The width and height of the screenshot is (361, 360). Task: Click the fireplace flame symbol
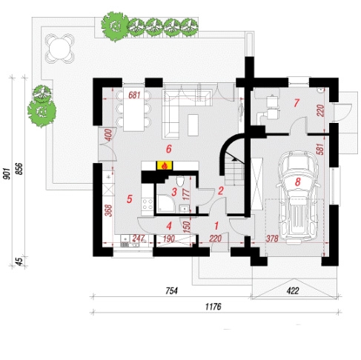click(165, 165)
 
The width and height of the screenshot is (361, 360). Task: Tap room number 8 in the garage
click(297, 182)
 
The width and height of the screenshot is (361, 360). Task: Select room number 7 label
click(297, 103)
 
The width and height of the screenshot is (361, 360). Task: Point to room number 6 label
click(169, 149)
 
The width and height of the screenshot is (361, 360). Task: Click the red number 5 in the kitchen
click(130, 199)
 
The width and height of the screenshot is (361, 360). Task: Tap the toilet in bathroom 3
click(181, 181)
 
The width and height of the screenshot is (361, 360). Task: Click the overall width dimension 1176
click(213, 307)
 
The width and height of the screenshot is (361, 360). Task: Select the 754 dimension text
click(171, 291)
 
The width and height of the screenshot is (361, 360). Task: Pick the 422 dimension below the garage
click(293, 291)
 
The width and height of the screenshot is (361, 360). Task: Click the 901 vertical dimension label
click(7, 174)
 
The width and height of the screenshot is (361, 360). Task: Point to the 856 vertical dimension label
click(19, 169)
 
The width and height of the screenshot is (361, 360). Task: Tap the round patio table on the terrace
click(59, 49)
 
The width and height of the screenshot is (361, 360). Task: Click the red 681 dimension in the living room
click(134, 95)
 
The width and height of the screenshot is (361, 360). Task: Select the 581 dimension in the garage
click(320, 149)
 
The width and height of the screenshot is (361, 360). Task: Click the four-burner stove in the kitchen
click(148, 204)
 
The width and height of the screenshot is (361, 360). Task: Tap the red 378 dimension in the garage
click(272, 239)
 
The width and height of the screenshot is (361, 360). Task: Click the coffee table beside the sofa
click(193, 124)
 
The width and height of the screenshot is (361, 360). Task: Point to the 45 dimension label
click(19, 261)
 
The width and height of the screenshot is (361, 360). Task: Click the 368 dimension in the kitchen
click(108, 210)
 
